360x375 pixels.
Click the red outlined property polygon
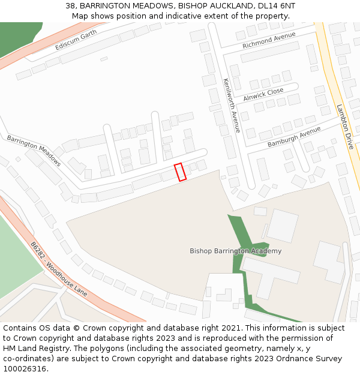click(180, 172)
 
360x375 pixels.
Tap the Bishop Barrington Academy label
click(235, 251)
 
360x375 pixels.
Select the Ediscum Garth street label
click(76, 40)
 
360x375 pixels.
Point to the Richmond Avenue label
click(269, 41)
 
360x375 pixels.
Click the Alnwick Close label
click(263, 94)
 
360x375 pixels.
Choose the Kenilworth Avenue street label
click(232, 106)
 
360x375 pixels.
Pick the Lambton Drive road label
click(345, 127)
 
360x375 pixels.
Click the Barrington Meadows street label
click(34, 150)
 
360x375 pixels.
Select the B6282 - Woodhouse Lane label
click(59, 269)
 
